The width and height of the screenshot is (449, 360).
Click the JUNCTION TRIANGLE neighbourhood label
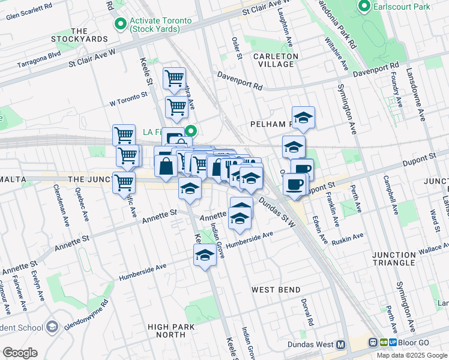click(x=402, y=259)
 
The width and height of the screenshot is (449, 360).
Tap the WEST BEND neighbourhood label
click(x=276, y=290)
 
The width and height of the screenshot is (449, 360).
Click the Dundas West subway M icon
click(x=341, y=345)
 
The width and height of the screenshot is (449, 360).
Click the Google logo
click(x=20, y=353)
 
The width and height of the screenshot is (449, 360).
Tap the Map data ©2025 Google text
click(x=411, y=355)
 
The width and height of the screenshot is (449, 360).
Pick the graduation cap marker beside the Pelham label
click(x=303, y=118)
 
